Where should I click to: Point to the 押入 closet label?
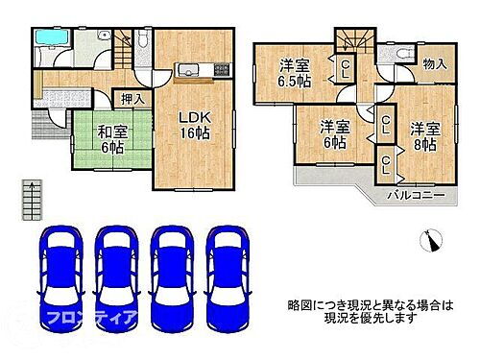click(x=132, y=98)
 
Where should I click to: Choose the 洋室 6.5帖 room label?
click(x=296, y=73)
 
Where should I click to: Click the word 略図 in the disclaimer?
click(x=300, y=304)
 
